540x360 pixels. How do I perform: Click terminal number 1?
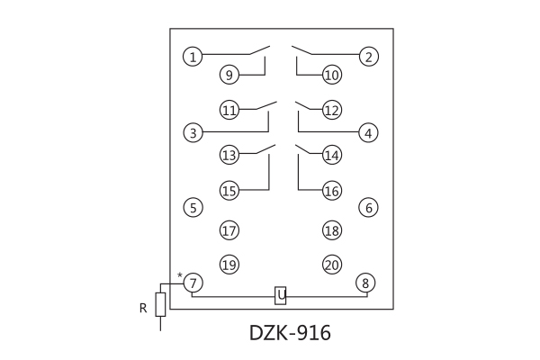(192, 57)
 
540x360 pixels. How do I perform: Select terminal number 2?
(368, 57)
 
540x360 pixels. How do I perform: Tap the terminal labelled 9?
(229, 75)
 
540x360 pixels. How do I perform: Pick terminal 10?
(332, 75)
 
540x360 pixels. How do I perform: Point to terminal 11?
(229, 111)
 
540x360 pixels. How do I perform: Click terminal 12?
(332, 111)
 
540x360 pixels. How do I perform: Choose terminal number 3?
(192, 133)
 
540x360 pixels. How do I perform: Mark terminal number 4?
(368, 133)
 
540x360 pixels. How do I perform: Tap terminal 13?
(229, 155)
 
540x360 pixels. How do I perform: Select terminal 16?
(332, 191)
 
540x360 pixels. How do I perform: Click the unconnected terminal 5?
(192, 208)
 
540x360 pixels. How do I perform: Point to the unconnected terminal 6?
(368, 208)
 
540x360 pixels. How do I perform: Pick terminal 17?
(229, 230)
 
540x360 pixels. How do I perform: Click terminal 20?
(332, 265)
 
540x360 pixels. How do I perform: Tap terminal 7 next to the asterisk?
(192, 283)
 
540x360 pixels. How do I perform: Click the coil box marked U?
(281, 295)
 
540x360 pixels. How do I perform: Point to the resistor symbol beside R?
(160, 304)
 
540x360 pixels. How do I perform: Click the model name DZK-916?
(290, 333)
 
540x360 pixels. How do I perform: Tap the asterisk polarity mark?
(180, 275)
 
